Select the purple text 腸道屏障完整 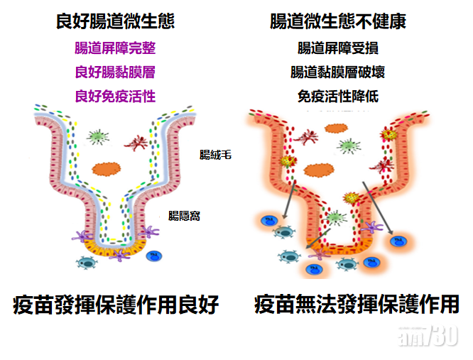click(114, 48)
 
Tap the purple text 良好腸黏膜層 click(114, 72)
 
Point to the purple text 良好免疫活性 click(114, 96)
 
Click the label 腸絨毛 click(215, 153)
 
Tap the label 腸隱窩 click(184, 215)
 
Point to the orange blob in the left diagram click(107, 168)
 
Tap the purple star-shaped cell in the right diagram click(317, 252)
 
